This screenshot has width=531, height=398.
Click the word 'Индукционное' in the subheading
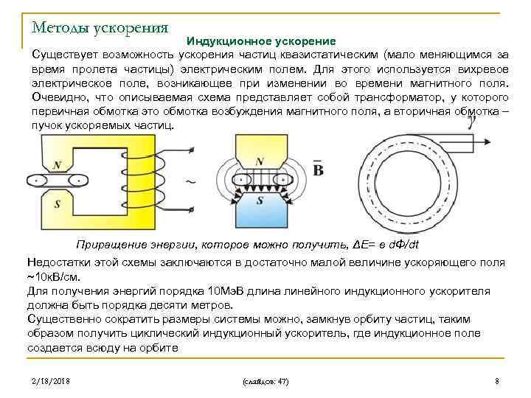pos(228,41)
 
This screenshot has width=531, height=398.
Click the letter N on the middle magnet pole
pos(259,162)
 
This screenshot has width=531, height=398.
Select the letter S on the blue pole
pos(259,200)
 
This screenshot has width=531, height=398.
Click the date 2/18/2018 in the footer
pos(51,381)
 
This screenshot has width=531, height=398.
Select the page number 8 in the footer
pos(497,381)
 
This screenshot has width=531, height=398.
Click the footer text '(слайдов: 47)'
pos(265,382)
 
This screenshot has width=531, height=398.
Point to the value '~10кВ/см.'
pos(52,277)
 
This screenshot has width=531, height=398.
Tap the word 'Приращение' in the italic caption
pos(112,245)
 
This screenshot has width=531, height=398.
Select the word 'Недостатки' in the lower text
pos(60,262)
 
